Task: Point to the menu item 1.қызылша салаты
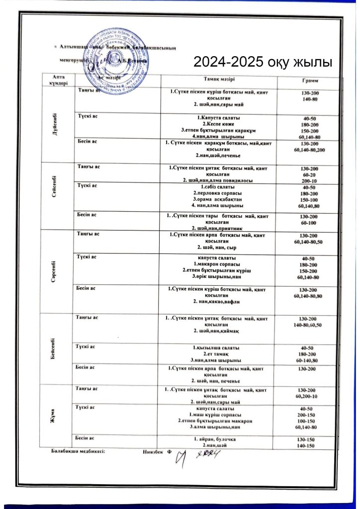[x=216, y=347]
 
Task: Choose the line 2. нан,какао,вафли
[x=216, y=301]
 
